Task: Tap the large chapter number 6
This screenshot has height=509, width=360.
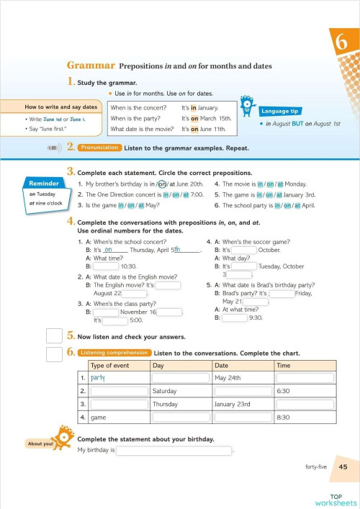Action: [x=340, y=42]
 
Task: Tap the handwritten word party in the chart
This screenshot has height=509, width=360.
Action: [x=99, y=378]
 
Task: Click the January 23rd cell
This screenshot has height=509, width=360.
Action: [x=235, y=404]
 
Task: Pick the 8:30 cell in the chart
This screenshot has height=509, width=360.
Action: [x=284, y=417]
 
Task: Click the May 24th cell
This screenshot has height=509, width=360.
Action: [x=228, y=378]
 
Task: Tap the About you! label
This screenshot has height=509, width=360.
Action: [x=40, y=443]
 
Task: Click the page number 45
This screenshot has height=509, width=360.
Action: [x=343, y=467]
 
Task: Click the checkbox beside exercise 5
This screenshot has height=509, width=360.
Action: [x=54, y=336]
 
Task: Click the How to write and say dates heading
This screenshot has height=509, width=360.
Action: [x=51, y=107]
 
